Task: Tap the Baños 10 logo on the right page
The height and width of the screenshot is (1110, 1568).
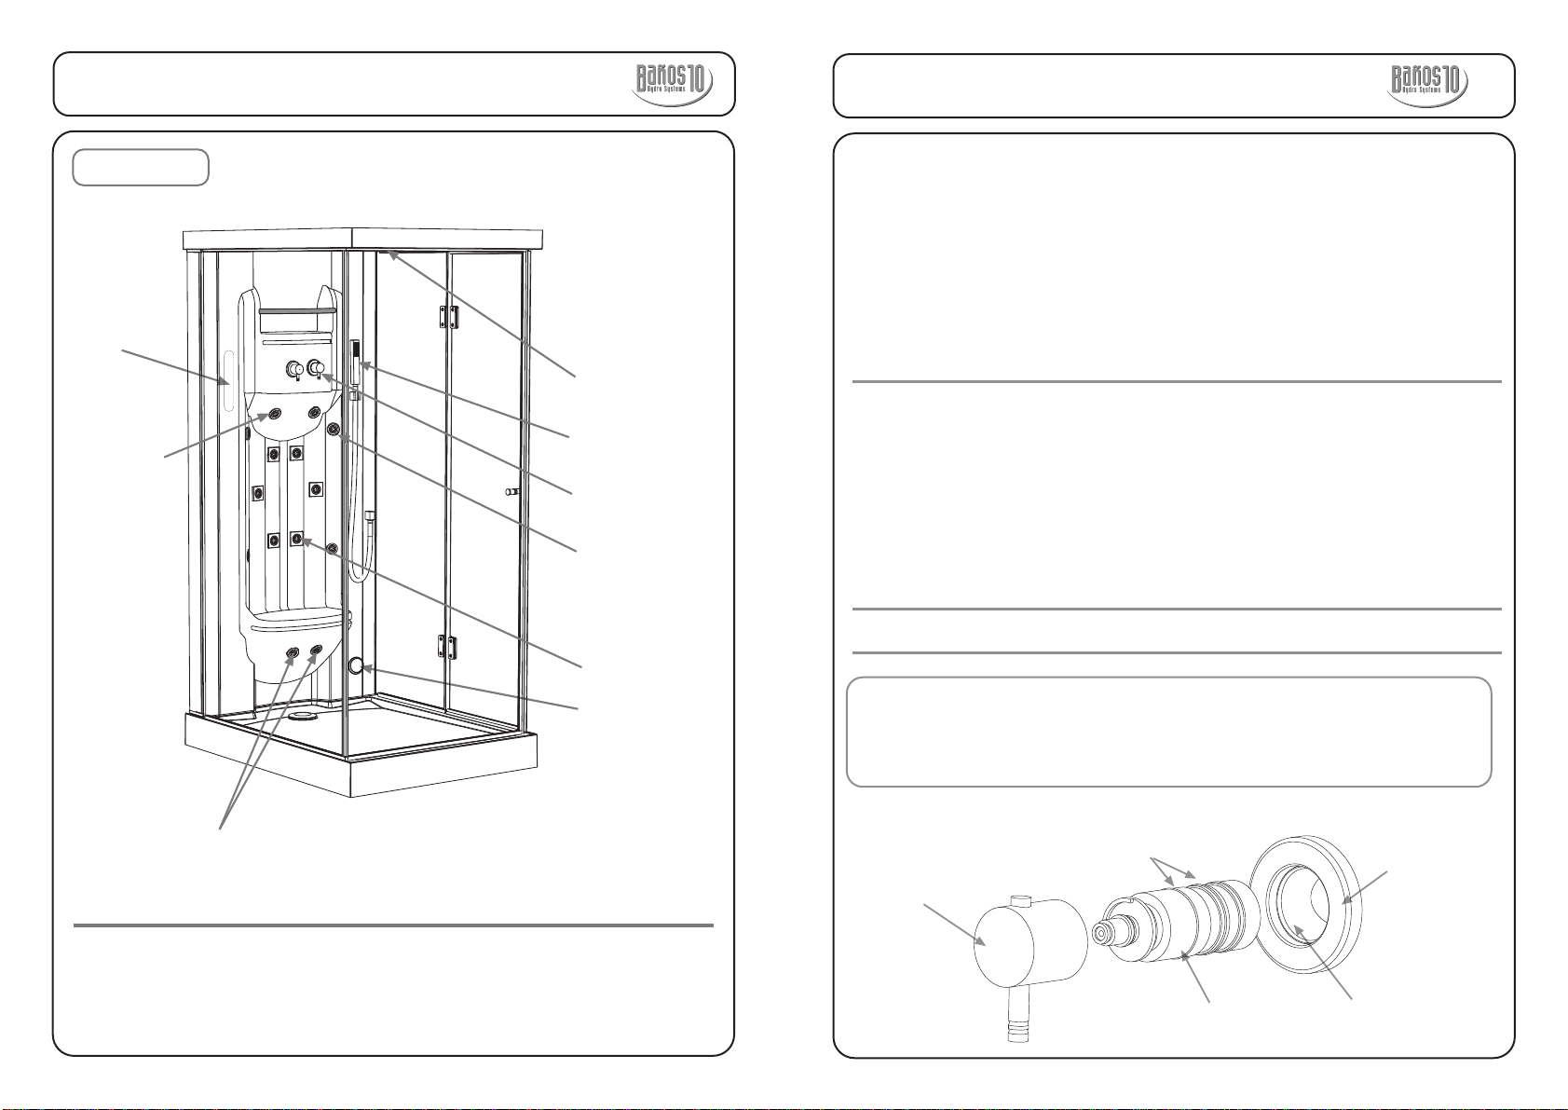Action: [x=1428, y=84]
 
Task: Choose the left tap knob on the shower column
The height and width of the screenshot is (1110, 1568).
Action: [x=295, y=369]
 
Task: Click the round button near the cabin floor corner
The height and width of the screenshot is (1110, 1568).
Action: [x=355, y=666]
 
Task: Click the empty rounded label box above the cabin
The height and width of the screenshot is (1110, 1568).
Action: [x=141, y=168]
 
